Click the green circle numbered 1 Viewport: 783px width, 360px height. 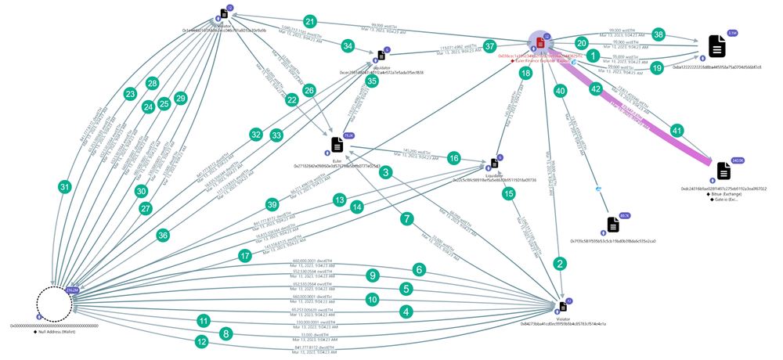click(593, 56)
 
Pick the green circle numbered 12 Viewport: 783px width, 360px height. click(202, 341)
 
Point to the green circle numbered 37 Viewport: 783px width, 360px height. click(491, 46)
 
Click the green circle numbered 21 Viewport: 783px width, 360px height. click(311, 21)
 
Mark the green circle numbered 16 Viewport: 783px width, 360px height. click(453, 158)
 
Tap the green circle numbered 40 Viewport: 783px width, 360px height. click(560, 91)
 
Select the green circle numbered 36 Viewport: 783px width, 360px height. click(163, 233)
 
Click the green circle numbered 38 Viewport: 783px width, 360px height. click(659, 34)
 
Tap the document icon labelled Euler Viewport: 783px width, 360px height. click(337, 145)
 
